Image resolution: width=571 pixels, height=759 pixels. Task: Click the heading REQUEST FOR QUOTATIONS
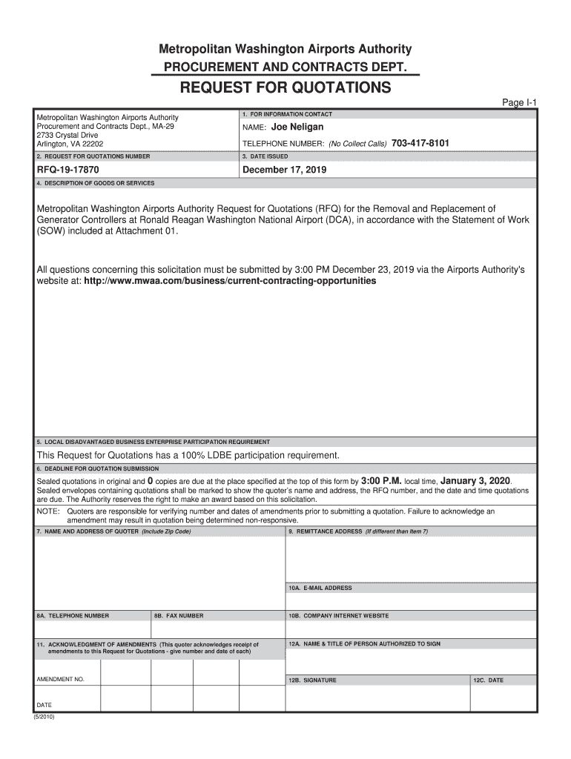(285, 88)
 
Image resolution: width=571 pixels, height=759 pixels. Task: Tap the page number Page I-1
(524, 103)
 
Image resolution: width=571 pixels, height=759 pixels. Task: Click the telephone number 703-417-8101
(420, 143)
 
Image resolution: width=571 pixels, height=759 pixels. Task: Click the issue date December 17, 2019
(284, 170)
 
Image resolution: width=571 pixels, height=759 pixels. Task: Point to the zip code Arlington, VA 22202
(70, 144)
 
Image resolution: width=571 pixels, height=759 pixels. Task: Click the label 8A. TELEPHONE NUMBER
(73, 616)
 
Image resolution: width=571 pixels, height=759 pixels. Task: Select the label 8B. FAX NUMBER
(179, 616)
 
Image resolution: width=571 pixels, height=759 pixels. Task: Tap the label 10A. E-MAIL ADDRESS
(320, 588)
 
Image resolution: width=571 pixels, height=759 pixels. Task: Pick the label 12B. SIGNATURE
(312, 680)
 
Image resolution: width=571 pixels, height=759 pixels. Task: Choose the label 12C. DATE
(489, 680)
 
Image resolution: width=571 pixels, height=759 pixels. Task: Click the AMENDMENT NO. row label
(61, 679)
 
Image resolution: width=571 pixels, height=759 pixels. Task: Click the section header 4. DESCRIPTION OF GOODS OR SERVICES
(96, 183)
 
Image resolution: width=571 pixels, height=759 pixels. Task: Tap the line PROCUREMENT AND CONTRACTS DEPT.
(285, 68)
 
